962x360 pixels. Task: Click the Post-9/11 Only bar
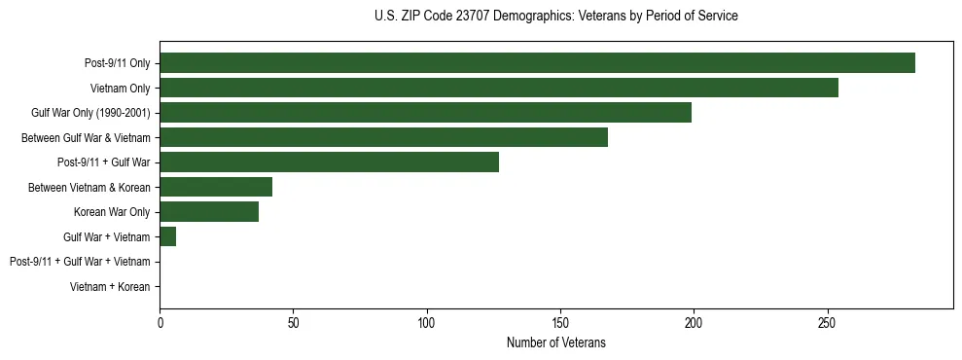pyautogui.click(x=537, y=63)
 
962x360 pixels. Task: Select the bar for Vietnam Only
pyautogui.click(x=499, y=88)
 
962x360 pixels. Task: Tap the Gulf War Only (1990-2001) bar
pyautogui.click(x=425, y=113)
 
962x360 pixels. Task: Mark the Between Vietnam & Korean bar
pyautogui.click(x=216, y=187)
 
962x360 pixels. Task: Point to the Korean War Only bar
pyautogui.click(x=209, y=212)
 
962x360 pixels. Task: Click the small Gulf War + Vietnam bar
pyautogui.click(x=167, y=236)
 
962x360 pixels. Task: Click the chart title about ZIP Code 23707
pyautogui.click(x=555, y=17)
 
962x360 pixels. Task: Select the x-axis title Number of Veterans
pyautogui.click(x=555, y=342)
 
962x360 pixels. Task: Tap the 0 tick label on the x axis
pyautogui.click(x=160, y=322)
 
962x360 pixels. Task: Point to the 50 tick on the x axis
pyautogui.click(x=293, y=322)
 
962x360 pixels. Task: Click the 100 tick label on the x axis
pyautogui.click(x=426, y=322)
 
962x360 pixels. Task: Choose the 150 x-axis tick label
pyautogui.click(x=559, y=322)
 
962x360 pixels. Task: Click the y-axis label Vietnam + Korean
pyautogui.click(x=110, y=287)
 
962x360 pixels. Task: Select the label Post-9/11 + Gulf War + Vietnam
pyautogui.click(x=80, y=262)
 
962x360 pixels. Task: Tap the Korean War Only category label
pyautogui.click(x=112, y=212)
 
